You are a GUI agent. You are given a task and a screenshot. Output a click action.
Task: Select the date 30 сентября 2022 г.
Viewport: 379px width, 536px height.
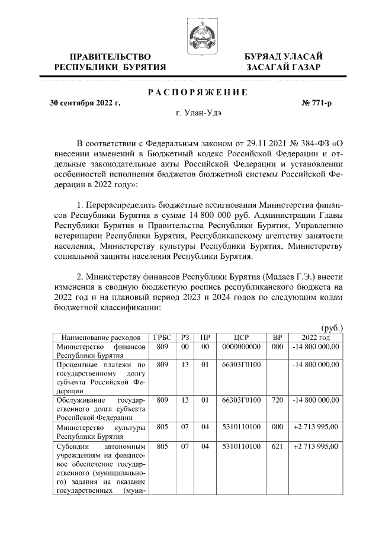[x=85, y=103]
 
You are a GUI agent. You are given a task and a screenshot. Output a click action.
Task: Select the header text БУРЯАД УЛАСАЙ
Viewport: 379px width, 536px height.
[x=284, y=56]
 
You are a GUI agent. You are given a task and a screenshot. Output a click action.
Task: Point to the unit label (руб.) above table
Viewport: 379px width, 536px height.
[x=332, y=328]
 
